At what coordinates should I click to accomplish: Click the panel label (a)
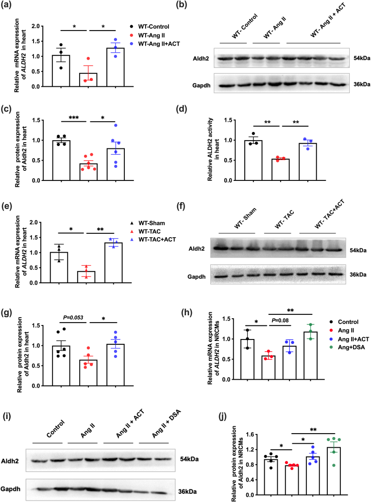(8, 7)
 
